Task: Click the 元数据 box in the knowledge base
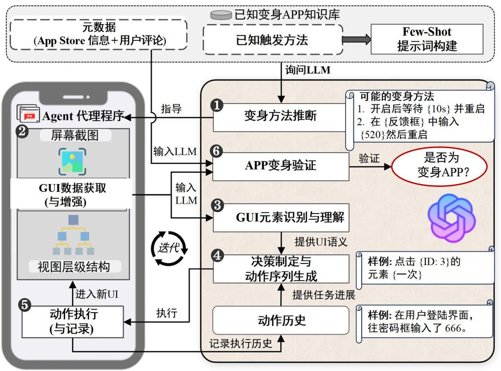tap(99, 34)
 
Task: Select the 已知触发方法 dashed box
tap(272, 39)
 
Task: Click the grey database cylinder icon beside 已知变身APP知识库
tap(221, 15)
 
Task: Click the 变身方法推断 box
tap(280, 117)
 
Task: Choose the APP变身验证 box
tap(280, 165)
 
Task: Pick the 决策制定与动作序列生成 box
tap(280, 268)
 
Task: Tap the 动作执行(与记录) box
tap(72, 321)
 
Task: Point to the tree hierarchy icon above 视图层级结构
tap(72, 235)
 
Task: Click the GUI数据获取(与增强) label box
tap(72, 194)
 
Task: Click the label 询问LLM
tap(308, 70)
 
